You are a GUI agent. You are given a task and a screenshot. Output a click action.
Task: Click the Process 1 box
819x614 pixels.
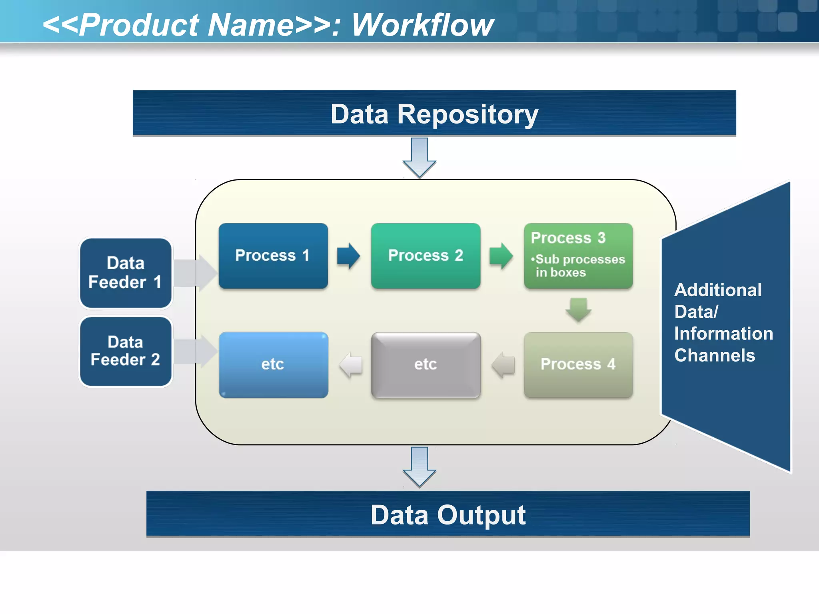point(273,256)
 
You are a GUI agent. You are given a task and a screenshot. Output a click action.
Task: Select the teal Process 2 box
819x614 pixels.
point(425,256)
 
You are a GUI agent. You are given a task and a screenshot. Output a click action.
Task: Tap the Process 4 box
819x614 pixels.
point(578,365)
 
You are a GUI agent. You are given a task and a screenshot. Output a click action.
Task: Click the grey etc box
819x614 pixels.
point(425,365)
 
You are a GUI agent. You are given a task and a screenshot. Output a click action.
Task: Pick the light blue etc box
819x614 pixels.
point(273,365)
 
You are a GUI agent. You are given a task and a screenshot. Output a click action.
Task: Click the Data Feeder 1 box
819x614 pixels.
point(126,273)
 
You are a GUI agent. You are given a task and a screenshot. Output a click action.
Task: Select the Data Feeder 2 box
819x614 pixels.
point(126,351)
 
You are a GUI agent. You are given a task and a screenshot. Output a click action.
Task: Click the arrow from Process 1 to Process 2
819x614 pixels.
point(348,256)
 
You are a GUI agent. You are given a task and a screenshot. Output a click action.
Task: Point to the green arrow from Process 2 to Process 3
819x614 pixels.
point(501,256)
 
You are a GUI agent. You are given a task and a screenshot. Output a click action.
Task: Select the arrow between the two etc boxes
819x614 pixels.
point(351,365)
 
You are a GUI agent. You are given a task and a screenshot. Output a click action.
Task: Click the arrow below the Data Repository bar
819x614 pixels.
point(419,157)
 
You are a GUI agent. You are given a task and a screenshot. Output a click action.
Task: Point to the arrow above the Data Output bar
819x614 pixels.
point(419,467)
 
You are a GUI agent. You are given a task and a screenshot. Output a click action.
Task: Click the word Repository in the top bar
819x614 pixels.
point(467,115)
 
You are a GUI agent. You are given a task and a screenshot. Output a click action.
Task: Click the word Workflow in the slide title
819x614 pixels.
point(422,25)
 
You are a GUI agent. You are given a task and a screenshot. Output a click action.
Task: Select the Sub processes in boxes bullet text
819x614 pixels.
point(578,266)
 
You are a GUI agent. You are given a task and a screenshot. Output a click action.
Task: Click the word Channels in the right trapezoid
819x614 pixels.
point(715,355)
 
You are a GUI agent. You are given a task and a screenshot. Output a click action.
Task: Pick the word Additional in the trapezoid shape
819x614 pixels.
point(718,290)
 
